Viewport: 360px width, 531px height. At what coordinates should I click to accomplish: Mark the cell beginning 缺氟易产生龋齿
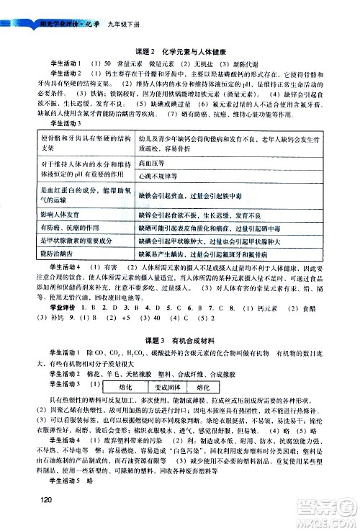215,254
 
